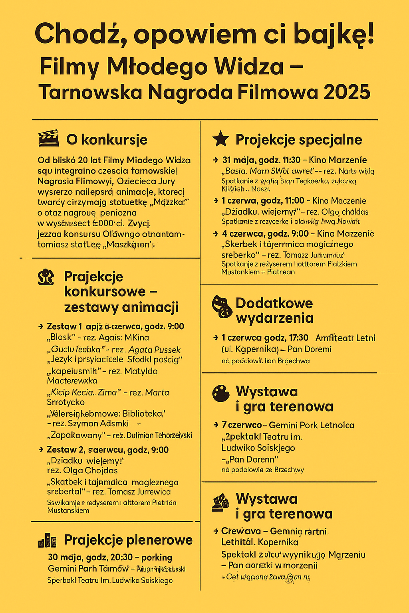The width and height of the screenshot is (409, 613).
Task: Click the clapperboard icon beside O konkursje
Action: (49, 138)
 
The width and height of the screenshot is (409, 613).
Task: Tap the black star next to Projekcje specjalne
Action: (220, 139)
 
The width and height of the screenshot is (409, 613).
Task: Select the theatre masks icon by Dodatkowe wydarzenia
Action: (222, 306)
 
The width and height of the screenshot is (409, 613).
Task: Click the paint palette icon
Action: (221, 394)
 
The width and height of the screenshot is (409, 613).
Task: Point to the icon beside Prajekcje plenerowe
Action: (47, 540)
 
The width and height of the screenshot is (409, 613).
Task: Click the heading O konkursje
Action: (107, 140)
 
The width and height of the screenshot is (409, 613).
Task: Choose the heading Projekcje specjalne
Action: (299, 140)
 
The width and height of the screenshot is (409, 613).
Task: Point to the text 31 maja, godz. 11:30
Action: (261, 160)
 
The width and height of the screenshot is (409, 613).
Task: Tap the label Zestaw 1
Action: (64, 326)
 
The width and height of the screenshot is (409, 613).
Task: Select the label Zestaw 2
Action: (65, 450)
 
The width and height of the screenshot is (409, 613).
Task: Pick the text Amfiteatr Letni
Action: (345, 338)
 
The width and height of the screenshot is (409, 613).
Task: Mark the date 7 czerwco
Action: (242, 425)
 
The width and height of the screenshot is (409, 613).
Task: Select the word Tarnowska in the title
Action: (91, 92)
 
